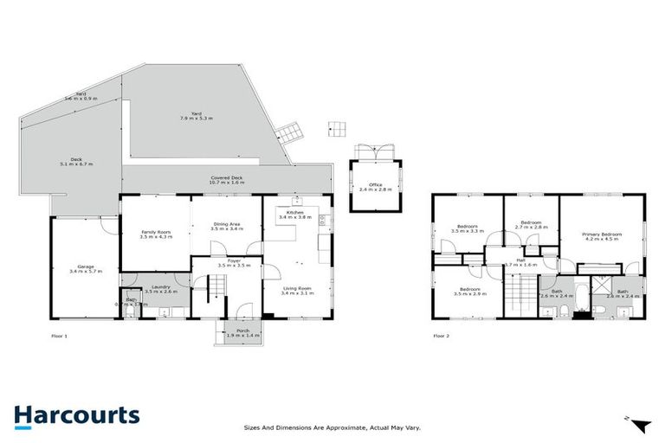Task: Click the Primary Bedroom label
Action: point(602,234)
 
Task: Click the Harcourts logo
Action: point(77,415)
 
